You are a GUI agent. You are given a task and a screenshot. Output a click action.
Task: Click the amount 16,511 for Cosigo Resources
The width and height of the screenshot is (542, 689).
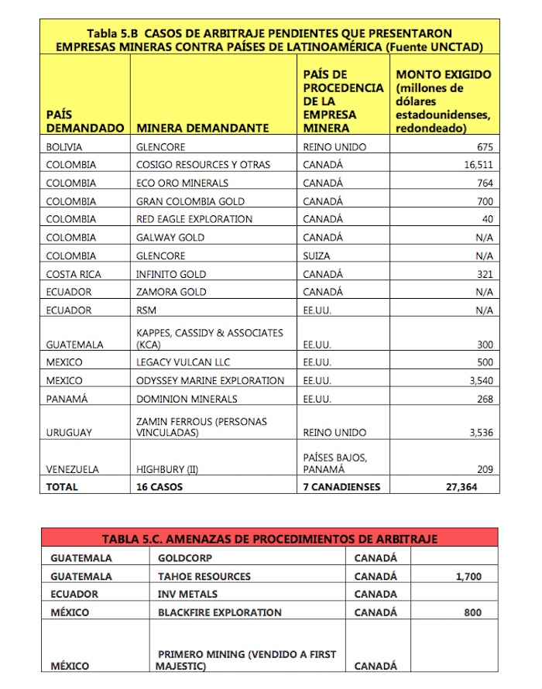(479, 165)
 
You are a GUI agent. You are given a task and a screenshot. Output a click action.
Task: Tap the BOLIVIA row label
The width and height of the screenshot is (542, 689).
(64, 146)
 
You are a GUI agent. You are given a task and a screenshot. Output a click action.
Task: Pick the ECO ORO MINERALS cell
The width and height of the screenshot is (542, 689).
(182, 183)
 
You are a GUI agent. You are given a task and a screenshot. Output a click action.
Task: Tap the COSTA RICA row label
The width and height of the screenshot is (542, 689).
(74, 274)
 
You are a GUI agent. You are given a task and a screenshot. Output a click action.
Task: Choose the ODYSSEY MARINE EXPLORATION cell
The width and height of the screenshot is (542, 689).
(210, 381)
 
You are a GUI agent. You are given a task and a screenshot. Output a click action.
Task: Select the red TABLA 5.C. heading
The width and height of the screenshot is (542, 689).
(269, 539)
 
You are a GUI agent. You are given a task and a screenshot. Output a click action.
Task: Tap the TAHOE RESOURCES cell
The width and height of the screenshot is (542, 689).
(204, 576)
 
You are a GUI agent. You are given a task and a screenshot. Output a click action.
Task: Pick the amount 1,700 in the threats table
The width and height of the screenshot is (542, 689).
(465, 576)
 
